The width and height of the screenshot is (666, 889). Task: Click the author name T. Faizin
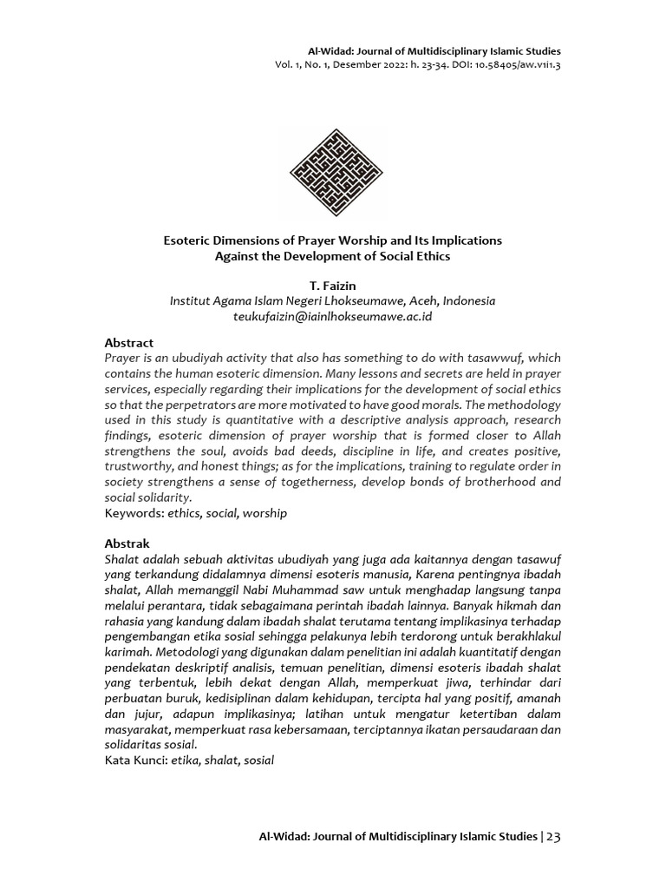tap(333, 285)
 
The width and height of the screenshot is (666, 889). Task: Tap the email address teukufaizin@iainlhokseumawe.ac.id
tap(333, 317)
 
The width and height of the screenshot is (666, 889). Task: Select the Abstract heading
tap(128, 343)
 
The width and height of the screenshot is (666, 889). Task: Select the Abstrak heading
tap(127, 543)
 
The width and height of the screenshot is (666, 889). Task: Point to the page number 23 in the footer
tap(554, 837)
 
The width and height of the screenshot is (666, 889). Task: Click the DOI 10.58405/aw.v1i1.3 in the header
tap(513, 65)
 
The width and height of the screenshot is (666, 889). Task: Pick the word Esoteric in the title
tap(190, 240)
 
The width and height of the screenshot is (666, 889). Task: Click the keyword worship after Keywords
tap(264, 513)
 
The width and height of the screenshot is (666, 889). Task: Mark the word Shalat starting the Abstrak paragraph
tap(122, 559)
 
